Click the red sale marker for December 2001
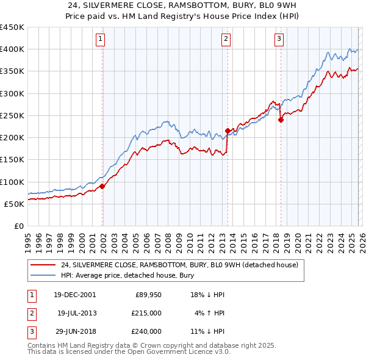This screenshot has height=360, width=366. (x=102, y=186)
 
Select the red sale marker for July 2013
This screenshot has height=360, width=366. (x=228, y=131)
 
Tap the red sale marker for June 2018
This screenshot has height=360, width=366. (x=281, y=120)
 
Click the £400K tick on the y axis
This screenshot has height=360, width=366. (x=12, y=49)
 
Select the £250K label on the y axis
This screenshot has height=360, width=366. (x=12, y=115)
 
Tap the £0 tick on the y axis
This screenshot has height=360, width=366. (x=18, y=226)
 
